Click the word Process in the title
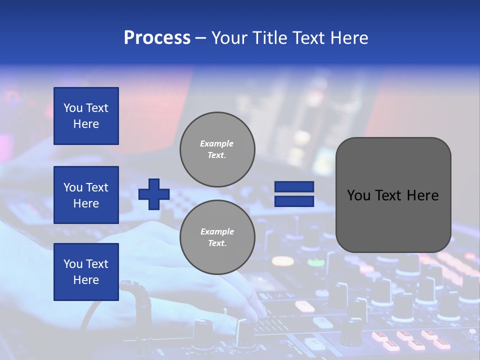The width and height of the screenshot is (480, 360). point(157,38)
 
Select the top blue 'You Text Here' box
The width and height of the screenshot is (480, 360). point(86,116)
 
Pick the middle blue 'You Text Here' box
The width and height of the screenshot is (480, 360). point(86,195)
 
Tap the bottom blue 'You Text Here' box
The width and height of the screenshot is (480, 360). point(86,272)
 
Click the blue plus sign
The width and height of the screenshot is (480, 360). point(154,194)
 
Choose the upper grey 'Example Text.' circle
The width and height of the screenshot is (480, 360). point(217,149)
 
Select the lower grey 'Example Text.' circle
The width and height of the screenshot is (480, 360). point(217,237)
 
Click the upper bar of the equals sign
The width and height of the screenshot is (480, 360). point(294,187)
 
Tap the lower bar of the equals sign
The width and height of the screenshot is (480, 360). point(294,201)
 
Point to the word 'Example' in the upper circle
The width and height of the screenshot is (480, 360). point(217,143)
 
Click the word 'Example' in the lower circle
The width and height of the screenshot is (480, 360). point(217,231)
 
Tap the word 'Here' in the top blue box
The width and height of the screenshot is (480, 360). point(86,124)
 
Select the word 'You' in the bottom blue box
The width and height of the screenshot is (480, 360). point(73,264)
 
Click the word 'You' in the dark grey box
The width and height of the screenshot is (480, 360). point(359,195)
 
